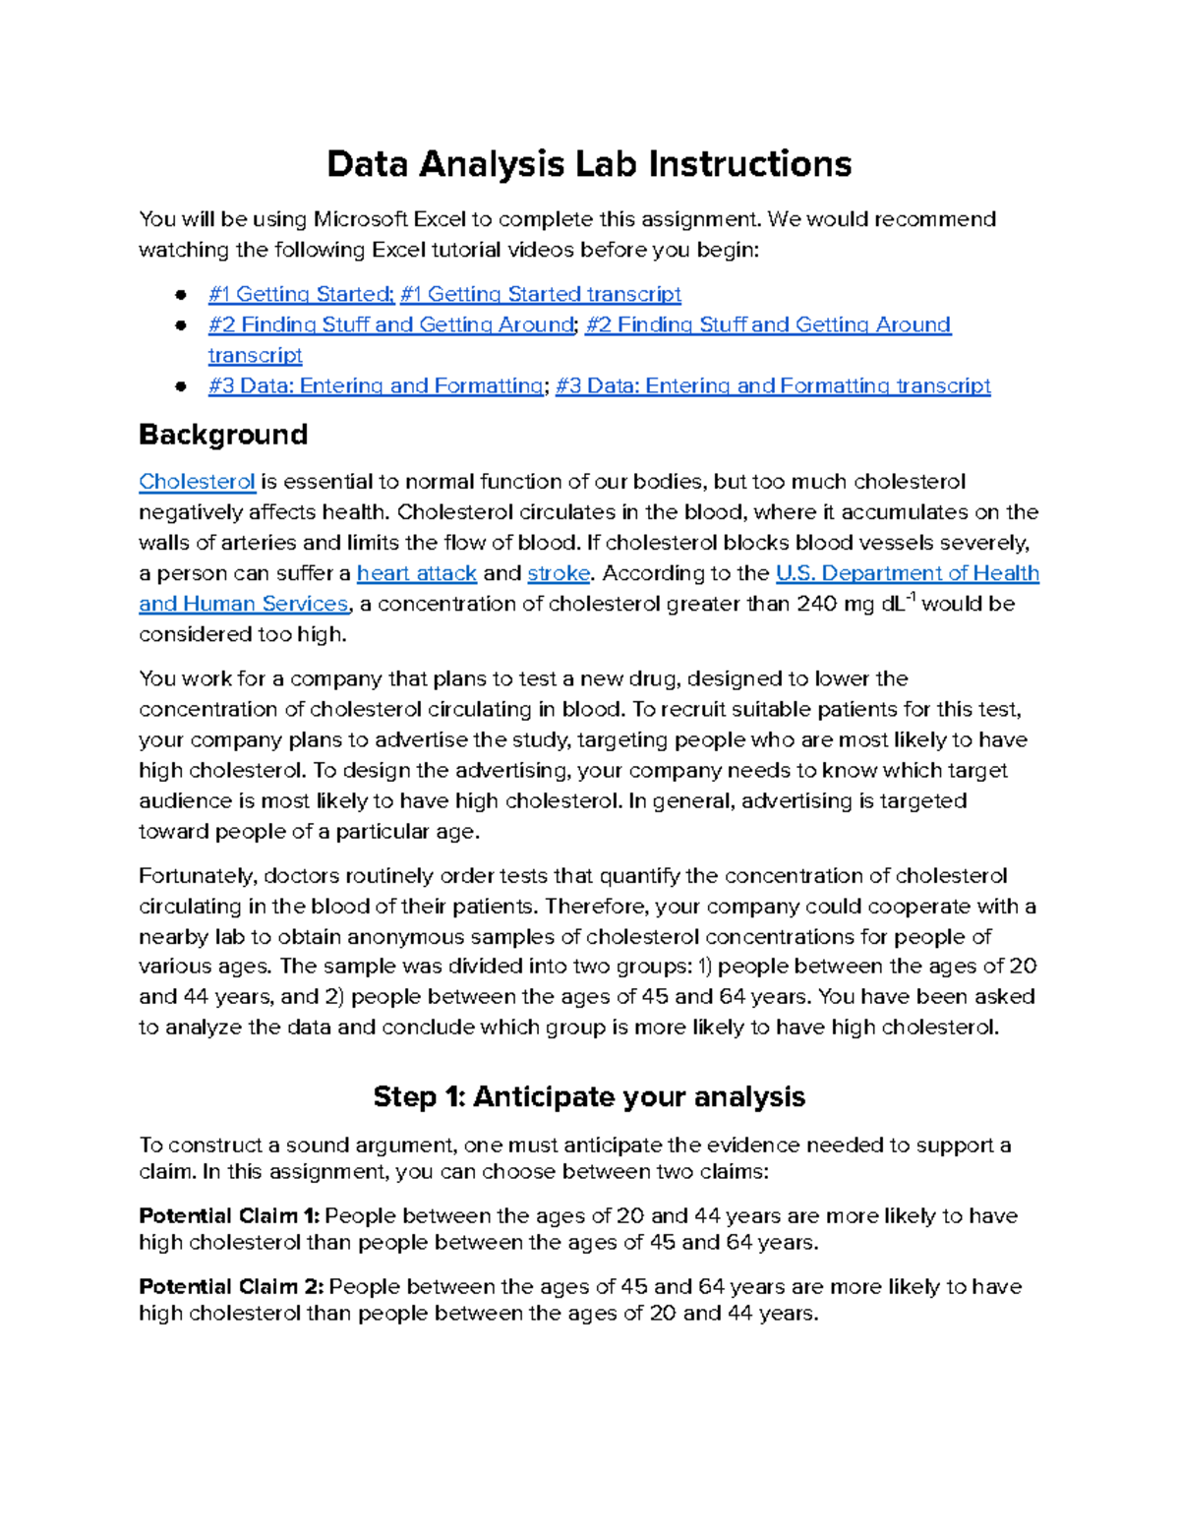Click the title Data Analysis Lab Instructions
click(x=589, y=164)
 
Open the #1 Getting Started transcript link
click(x=540, y=294)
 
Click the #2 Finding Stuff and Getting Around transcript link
click(x=767, y=324)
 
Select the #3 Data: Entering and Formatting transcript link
click(x=773, y=385)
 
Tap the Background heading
click(x=223, y=435)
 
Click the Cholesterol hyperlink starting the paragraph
click(x=197, y=482)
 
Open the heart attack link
click(x=416, y=573)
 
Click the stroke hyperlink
click(x=559, y=573)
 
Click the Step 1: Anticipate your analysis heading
click(x=589, y=1096)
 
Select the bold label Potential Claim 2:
click(x=230, y=1287)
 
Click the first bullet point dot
click(x=181, y=295)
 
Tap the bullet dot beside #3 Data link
click(x=181, y=386)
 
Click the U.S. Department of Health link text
click(x=907, y=573)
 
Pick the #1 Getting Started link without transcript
click(x=300, y=294)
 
